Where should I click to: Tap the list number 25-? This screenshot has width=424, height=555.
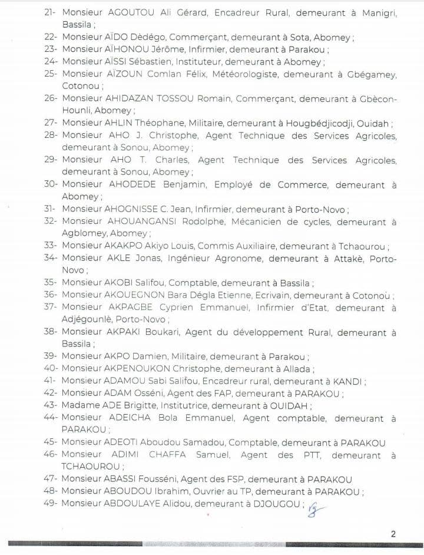tap(50, 73)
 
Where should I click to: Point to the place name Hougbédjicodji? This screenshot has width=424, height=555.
tap(330, 123)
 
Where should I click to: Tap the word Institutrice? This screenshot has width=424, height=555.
tap(163, 406)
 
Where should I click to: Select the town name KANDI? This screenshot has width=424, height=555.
tap(347, 381)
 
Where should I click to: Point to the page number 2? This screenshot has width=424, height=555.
tap(393, 534)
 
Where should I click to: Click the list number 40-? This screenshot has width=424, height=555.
tap(50, 369)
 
